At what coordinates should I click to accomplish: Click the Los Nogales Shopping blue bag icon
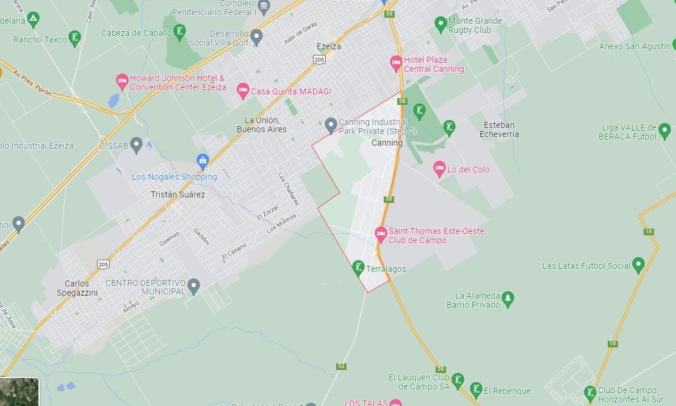(203, 162)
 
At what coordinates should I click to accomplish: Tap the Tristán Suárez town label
(178, 194)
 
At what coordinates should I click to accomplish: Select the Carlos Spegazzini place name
(77, 288)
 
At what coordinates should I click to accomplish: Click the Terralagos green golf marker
(359, 268)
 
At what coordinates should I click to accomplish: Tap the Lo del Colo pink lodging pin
(439, 169)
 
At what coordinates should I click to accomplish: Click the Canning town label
(387, 143)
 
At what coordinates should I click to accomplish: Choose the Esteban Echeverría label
(499, 129)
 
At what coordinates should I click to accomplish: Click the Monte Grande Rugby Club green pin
(440, 24)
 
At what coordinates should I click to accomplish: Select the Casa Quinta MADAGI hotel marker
(243, 91)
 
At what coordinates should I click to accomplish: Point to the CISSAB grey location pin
(137, 145)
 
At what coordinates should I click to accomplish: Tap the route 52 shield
(341, 366)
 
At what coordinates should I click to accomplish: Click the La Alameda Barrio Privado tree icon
(508, 299)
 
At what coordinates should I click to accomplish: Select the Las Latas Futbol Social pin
(638, 265)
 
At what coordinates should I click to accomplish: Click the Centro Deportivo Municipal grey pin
(193, 285)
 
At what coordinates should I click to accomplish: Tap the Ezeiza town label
(329, 46)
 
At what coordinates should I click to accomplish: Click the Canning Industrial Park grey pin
(331, 125)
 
